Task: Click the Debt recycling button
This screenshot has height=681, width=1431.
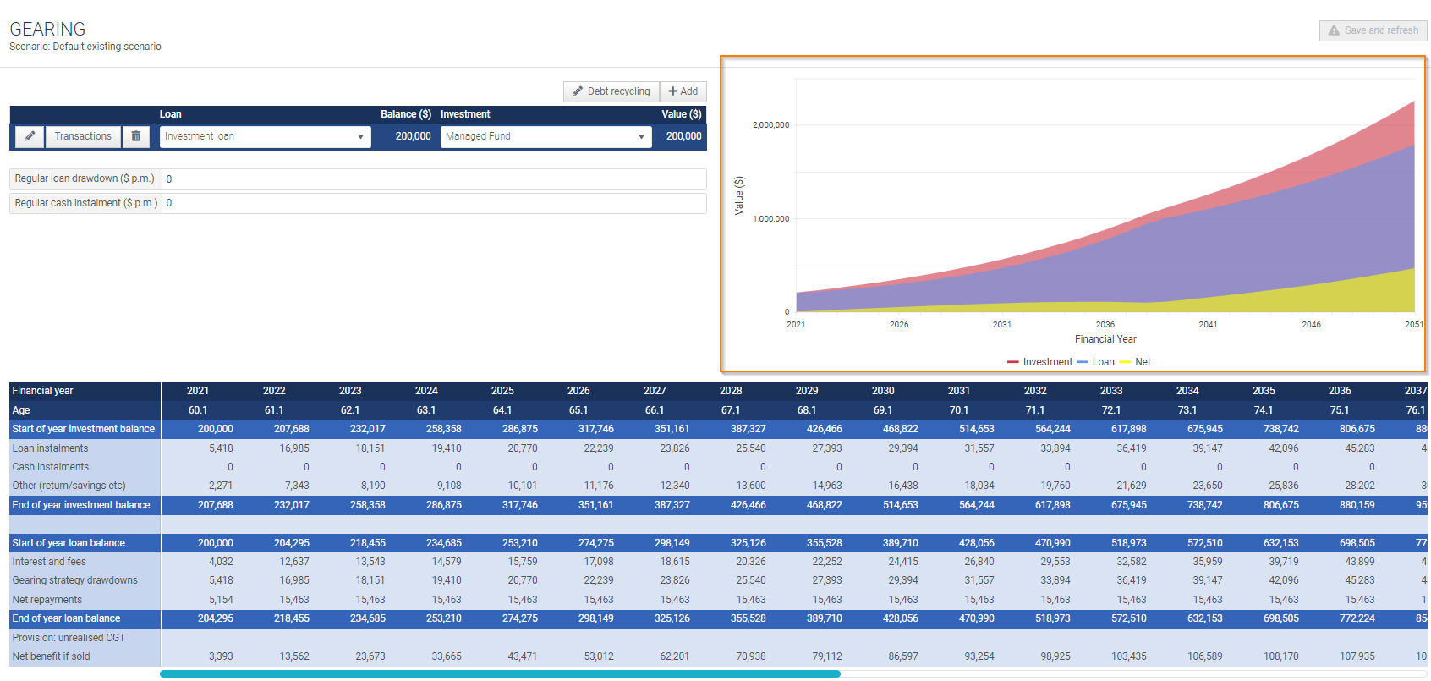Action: tap(611, 91)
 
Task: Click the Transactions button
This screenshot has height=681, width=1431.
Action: tap(83, 136)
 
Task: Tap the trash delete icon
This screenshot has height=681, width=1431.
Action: tap(136, 136)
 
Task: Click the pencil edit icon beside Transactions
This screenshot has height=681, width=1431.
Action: tap(30, 136)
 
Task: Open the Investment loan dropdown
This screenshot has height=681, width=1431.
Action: tap(265, 136)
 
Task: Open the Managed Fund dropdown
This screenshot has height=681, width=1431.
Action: tap(546, 136)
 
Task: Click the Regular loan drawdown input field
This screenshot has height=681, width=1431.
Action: tap(434, 179)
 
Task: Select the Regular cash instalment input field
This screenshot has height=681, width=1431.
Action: tap(434, 203)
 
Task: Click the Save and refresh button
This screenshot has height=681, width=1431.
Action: tap(1373, 30)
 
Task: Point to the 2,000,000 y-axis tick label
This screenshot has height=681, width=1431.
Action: tap(770, 125)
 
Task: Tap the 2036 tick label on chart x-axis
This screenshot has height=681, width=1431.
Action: tap(1105, 325)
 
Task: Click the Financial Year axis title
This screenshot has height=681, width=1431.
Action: tap(1105, 339)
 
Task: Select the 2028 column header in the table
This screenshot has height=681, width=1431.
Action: tap(731, 391)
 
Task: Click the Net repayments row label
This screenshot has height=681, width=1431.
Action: tap(47, 600)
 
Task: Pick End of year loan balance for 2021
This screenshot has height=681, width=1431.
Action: tap(216, 618)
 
